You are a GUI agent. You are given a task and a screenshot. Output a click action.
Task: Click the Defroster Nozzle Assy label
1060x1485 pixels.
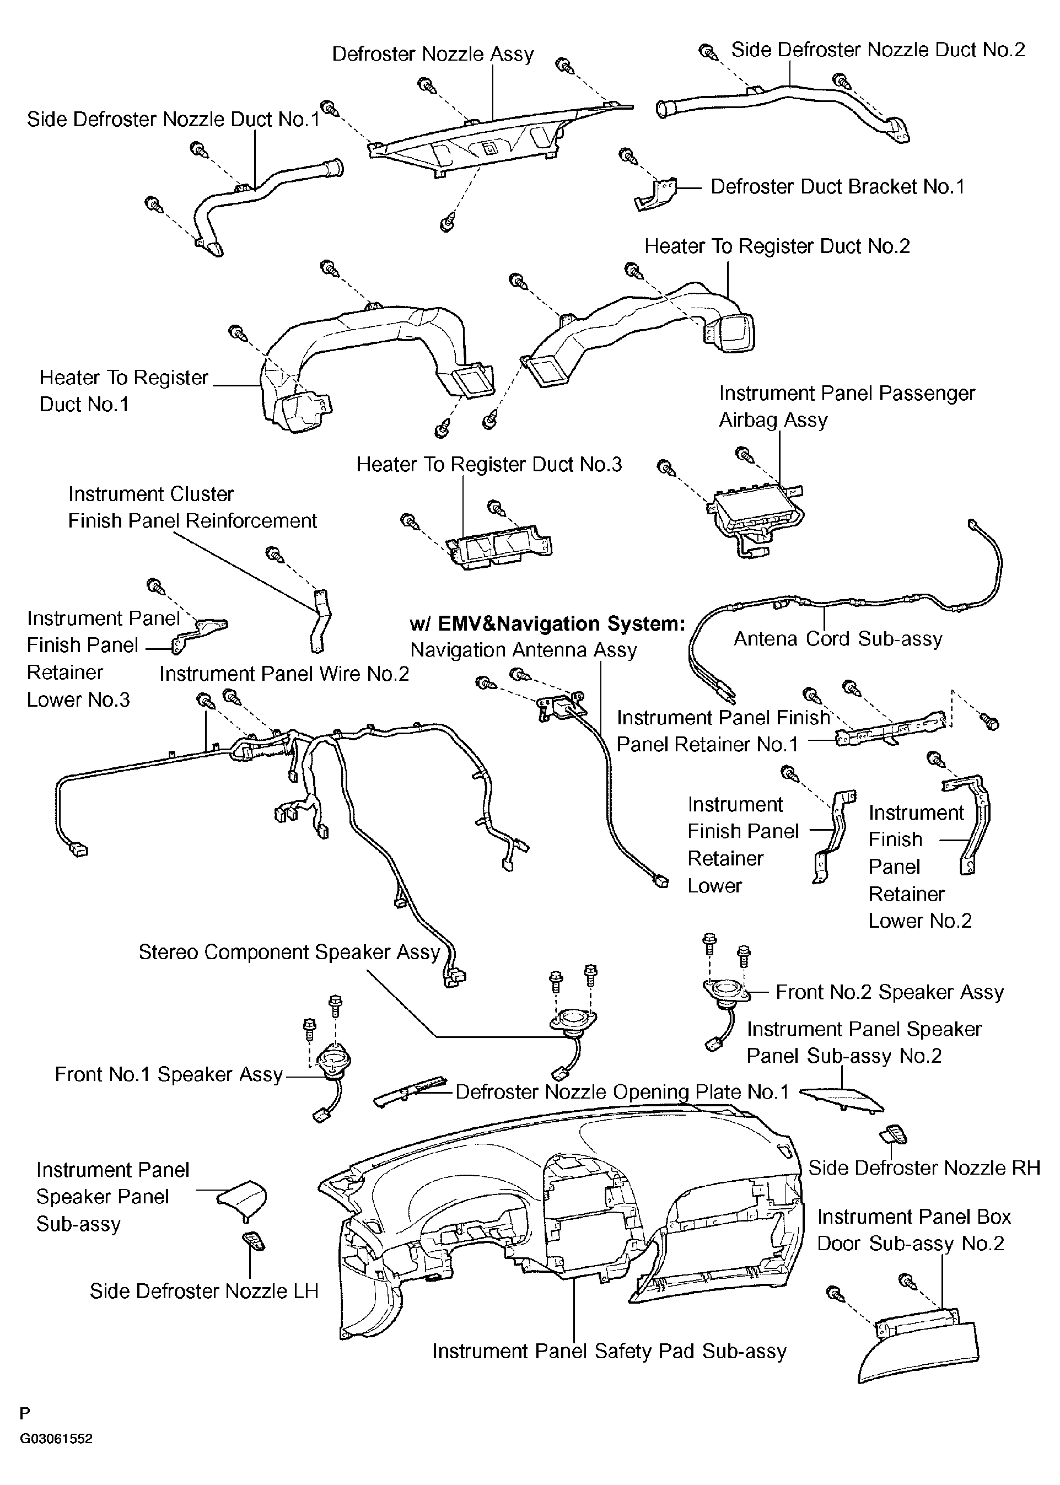(x=433, y=54)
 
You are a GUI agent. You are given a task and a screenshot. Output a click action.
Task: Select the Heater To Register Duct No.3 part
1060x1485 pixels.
(x=497, y=546)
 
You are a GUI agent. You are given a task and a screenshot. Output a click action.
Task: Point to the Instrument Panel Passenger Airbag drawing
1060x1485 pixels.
(x=756, y=515)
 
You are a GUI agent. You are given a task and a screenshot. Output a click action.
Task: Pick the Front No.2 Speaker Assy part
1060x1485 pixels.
(x=724, y=992)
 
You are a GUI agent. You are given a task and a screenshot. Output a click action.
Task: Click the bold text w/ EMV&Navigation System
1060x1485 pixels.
(x=547, y=624)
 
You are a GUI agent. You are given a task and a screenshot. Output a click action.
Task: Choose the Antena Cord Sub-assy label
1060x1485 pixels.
(x=838, y=639)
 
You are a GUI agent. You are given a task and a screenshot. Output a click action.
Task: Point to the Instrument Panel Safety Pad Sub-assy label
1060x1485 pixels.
(x=609, y=1351)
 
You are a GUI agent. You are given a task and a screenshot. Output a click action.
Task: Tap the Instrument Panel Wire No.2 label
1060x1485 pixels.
(x=284, y=674)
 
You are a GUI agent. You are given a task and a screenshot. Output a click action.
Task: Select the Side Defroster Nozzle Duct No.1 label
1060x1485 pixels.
(x=173, y=120)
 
